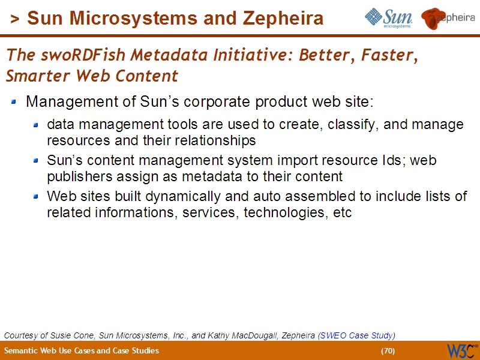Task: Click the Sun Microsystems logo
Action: tap(388, 19)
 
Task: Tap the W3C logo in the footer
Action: tap(462, 350)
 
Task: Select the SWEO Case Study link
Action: tap(356, 335)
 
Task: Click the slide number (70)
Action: tap(388, 350)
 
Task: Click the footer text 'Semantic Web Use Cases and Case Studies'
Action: tap(82, 350)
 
